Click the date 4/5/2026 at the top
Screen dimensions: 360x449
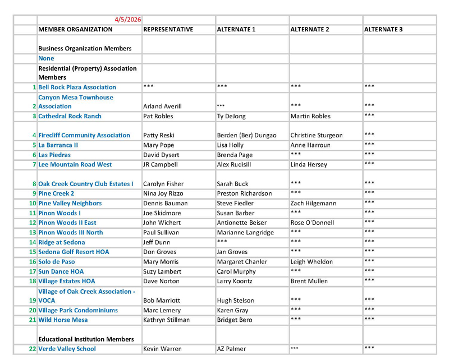tap(128, 20)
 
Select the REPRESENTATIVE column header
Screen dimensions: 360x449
tap(168, 29)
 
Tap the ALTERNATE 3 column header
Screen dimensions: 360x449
tap(383, 29)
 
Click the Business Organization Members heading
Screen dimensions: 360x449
tap(85, 48)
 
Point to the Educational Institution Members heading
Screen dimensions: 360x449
tap(86, 339)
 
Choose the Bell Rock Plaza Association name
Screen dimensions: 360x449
tap(77, 87)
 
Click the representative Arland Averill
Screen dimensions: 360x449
tap(163, 107)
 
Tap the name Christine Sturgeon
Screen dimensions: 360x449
tap(317, 135)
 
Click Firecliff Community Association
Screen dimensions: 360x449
tap(84, 135)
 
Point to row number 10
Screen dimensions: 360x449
tap(32, 203)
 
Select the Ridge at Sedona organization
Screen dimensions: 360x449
tap(62, 242)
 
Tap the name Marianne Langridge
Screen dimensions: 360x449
tap(245, 232)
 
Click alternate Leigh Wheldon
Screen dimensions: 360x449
tap(311, 262)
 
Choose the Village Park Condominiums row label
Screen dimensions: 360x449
tap(78, 310)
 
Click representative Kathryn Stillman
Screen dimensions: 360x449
tap(167, 320)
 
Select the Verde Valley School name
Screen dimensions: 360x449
tap(67, 349)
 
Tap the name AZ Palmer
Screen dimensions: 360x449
tap(231, 349)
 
